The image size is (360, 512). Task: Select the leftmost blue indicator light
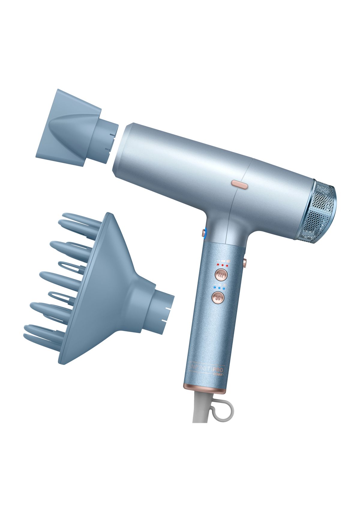(215, 289)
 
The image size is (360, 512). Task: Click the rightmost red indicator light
(227, 265)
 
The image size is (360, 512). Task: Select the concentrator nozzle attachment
(72, 128)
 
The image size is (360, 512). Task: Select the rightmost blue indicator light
(224, 289)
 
